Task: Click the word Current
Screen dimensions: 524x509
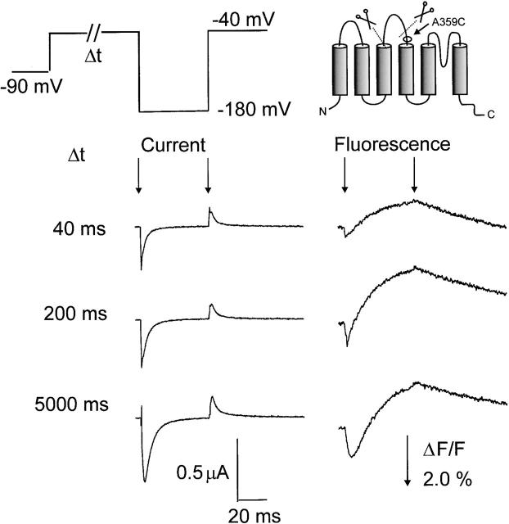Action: (x=172, y=145)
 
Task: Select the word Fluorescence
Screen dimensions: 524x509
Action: (x=392, y=145)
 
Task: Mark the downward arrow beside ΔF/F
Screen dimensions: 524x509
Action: (x=407, y=462)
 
